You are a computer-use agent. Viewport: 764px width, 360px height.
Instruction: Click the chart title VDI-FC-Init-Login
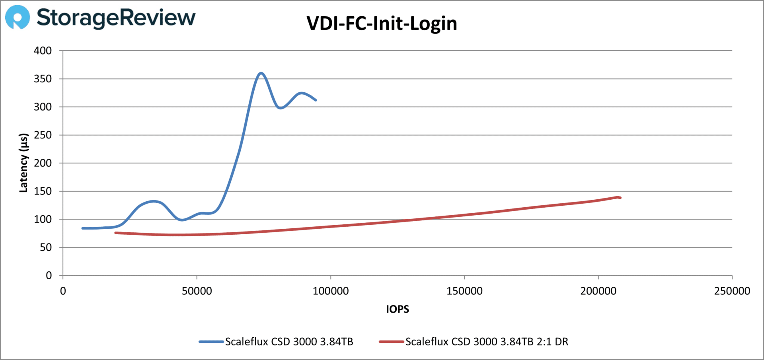tap(382, 23)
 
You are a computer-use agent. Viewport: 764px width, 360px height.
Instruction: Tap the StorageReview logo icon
tap(17, 18)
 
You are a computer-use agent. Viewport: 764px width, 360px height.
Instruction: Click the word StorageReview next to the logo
tap(116, 18)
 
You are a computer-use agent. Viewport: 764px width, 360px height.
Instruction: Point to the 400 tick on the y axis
tap(43, 51)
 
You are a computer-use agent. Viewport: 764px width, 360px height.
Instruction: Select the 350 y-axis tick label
tap(43, 79)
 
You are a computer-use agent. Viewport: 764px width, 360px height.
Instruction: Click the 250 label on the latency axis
tap(43, 135)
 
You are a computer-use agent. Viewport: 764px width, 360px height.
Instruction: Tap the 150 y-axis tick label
tap(43, 191)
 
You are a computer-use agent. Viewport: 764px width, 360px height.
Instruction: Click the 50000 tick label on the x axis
tap(197, 291)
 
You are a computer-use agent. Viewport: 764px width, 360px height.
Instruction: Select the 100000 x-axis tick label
tap(331, 291)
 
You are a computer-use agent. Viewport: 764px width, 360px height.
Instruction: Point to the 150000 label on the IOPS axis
tap(464, 291)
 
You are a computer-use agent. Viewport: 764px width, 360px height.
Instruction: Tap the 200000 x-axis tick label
tap(598, 291)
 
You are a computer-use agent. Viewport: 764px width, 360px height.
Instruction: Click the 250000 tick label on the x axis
tap(732, 291)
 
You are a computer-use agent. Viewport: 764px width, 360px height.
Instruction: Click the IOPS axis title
tap(397, 309)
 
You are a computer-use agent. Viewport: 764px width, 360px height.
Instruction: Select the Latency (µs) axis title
tap(23, 163)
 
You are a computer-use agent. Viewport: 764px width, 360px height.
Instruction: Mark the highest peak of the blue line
tap(261, 73)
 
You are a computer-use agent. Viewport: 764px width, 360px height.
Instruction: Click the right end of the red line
tap(620, 198)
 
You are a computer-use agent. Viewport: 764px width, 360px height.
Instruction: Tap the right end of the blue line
tap(316, 100)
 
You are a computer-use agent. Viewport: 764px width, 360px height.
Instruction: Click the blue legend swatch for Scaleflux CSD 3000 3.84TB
tap(211, 342)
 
